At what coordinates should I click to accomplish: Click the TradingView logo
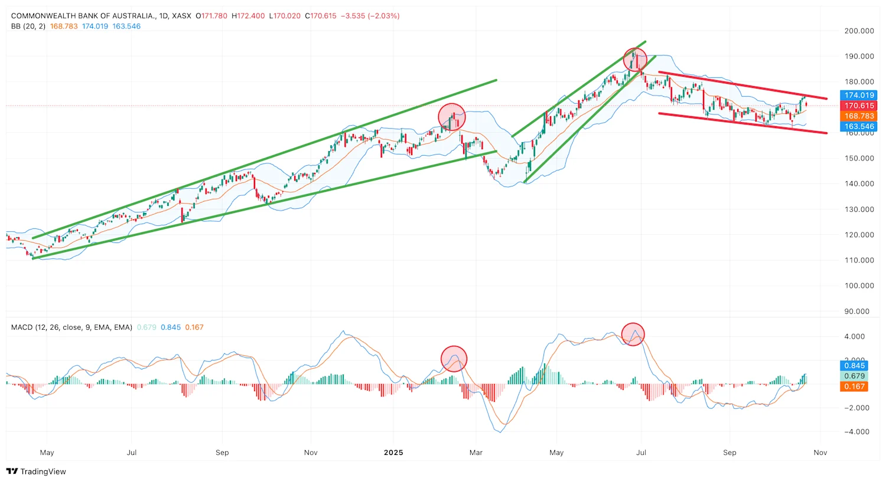pos(36,471)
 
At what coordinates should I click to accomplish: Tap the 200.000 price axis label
pos(859,31)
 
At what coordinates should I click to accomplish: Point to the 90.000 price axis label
pos(861,311)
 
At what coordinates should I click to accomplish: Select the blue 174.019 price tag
pos(859,95)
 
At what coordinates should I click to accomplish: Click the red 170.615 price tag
pos(859,106)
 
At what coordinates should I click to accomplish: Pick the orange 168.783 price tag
pos(859,116)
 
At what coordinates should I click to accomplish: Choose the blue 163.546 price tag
pos(859,126)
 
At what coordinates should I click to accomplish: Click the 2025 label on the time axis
pos(393,453)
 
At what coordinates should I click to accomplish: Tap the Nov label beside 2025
pos(311,453)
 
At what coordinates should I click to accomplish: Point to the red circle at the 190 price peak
pos(635,60)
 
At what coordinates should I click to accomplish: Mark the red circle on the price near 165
pos(452,117)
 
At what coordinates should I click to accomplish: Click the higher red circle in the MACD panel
pos(633,334)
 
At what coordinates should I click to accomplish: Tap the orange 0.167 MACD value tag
pos(854,386)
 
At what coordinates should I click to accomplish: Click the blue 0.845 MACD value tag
pos(854,365)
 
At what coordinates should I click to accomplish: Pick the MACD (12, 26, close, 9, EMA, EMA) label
pos(71,327)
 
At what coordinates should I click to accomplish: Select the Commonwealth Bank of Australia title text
pos(83,16)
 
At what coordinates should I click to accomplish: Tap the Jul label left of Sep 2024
pos(132,453)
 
